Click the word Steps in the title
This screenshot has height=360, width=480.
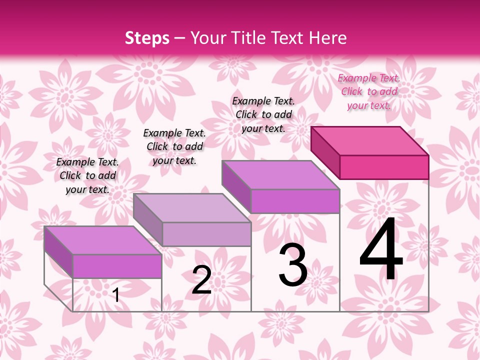[147, 38]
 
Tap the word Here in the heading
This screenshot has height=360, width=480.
[327, 38]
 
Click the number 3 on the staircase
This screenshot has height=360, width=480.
[293, 265]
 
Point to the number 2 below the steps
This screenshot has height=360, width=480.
[201, 280]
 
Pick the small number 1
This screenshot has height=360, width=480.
[116, 295]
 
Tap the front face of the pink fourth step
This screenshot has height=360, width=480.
[384, 167]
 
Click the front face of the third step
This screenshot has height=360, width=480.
[295, 201]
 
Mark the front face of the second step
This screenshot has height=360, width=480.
[206, 234]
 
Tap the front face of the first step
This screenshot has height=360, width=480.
[117, 266]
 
